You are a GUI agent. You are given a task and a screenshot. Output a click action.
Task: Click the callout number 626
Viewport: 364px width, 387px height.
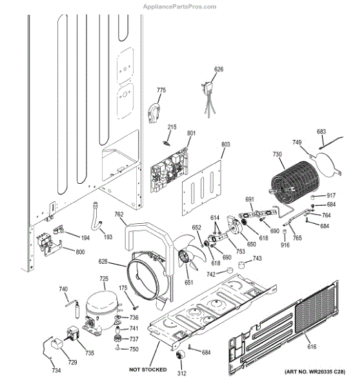[x=219, y=70]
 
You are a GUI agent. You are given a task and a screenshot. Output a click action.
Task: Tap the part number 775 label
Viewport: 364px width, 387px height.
[x=161, y=90]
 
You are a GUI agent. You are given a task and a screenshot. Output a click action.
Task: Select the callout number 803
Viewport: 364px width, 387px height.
[x=226, y=144]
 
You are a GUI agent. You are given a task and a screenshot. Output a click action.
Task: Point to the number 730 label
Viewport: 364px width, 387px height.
[x=277, y=154]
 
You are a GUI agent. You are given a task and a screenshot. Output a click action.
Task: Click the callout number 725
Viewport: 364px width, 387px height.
[x=104, y=279]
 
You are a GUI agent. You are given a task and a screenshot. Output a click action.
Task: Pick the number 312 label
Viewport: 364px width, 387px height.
[x=182, y=373]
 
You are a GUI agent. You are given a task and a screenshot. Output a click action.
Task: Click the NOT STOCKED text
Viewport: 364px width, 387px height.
[x=148, y=370]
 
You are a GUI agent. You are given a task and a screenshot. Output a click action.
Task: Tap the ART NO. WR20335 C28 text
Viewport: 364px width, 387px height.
[x=315, y=372]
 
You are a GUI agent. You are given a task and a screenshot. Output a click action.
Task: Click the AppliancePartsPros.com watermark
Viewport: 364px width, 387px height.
[x=179, y=6]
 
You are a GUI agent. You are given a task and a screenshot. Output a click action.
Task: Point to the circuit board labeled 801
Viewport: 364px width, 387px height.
[x=169, y=170]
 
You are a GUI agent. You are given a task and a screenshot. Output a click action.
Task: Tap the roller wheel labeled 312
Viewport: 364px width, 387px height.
[x=180, y=355]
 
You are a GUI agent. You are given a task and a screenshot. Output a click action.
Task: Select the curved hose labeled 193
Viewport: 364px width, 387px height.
[x=96, y=217]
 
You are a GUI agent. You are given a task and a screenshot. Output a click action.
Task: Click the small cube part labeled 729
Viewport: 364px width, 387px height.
[x=57, y=343]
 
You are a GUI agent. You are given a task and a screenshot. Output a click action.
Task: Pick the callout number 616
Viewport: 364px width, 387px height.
[x=312, y=347]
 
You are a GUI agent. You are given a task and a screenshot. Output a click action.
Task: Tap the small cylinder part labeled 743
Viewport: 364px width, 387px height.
[x=242, y=264]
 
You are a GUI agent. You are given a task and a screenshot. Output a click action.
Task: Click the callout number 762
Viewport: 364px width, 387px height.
[x=119, y=214]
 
